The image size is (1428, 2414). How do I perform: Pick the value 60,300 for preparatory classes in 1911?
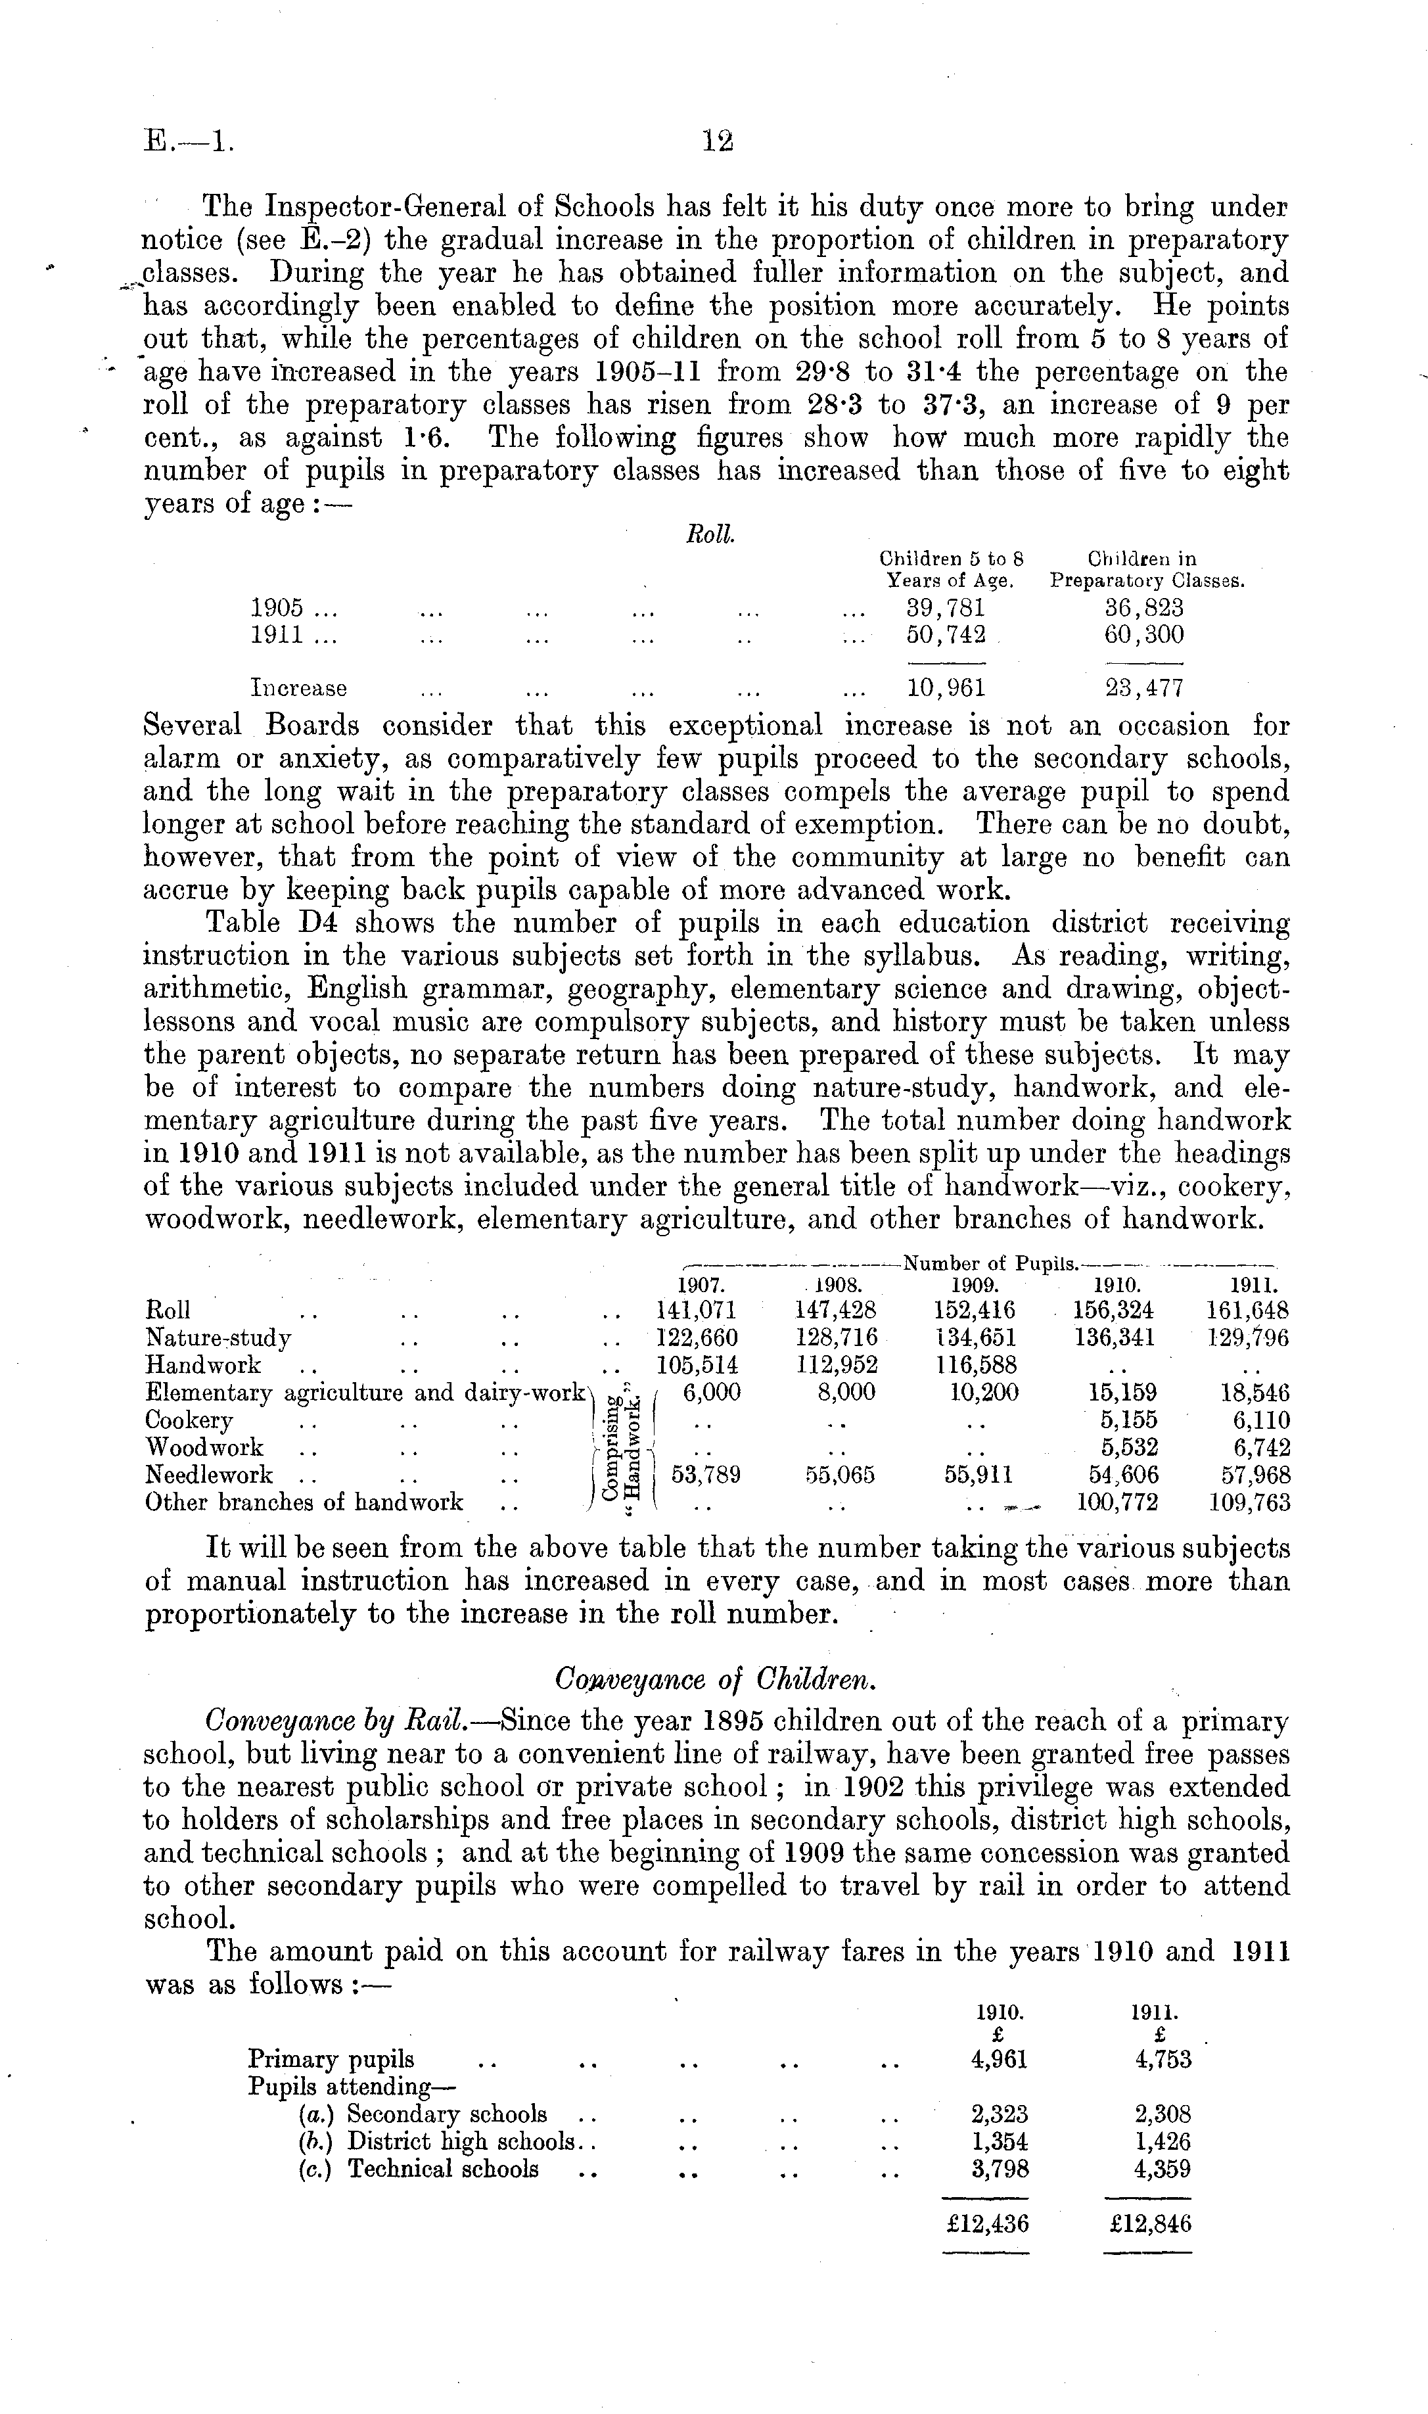[1144, 635]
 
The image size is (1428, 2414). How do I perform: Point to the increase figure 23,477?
[1144, 688]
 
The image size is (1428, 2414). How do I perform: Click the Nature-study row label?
[218, 1337]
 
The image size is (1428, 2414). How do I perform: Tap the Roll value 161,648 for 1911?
[1247, 1311]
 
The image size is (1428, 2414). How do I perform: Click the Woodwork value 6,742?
[1256, 1448]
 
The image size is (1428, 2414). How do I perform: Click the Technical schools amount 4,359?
[1163, 2169]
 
